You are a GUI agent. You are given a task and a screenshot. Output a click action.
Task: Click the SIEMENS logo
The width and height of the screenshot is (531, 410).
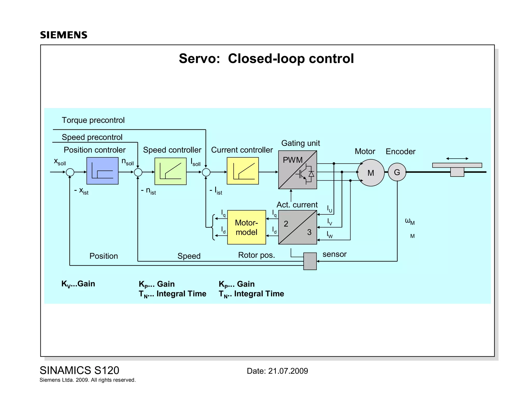[64, 35]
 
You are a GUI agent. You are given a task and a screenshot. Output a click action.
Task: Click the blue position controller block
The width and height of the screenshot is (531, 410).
[102, 171]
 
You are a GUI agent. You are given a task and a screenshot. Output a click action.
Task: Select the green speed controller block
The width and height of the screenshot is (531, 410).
[170, 171]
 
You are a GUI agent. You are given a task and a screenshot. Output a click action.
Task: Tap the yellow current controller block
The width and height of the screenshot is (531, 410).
[243, 171]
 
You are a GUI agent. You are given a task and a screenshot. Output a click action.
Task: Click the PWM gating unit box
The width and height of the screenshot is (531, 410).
[297, 170]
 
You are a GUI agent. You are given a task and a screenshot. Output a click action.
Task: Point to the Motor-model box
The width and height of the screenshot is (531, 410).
[246, 227]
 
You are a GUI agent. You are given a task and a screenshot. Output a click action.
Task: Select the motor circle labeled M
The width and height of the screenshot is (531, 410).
[371, 173]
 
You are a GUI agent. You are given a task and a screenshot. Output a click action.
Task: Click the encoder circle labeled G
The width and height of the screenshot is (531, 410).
[397, 172]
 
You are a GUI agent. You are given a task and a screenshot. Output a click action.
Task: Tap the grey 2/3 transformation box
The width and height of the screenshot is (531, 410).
[297, 227]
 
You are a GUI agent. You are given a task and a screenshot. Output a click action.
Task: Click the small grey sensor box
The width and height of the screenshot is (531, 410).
[310, 261]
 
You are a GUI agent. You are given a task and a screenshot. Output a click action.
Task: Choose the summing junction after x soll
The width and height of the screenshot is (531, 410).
[70, 172]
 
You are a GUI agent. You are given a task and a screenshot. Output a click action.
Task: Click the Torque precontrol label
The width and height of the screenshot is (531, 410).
[93, 120]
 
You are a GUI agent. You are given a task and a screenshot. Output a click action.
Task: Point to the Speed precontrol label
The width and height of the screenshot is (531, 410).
[92, 137]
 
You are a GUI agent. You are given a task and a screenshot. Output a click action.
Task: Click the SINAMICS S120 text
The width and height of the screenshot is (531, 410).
[79, 370]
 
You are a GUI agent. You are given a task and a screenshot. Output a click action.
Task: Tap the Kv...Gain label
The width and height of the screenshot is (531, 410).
[78, 284]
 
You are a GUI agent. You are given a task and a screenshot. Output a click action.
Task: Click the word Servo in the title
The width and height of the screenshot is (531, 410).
[199, 59]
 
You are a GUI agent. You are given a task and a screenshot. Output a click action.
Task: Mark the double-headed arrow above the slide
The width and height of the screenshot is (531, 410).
[457, 158]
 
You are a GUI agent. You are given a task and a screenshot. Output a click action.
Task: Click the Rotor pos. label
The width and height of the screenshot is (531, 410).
[256, 255]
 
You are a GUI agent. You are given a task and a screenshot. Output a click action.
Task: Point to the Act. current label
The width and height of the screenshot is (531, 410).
[297, 205]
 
